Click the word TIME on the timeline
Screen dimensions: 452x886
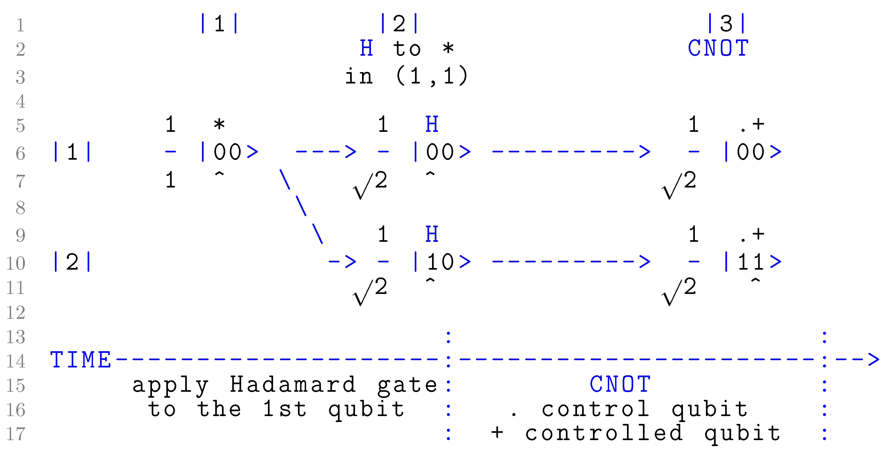click(x=81, y=360)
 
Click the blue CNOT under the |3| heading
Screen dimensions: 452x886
click(x=718, y=48)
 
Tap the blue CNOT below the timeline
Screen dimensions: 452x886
click(x=620, y=384)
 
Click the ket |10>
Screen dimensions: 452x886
click(x=443, y=262)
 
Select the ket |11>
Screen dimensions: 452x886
click(x=754, y=262)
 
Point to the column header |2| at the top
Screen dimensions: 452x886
click(x=399, y=24)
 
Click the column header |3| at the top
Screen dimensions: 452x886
click(x=726, y=24)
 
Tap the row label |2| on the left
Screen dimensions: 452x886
click(x=72, y=262)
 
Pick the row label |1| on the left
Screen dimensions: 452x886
click(x=72, y=152)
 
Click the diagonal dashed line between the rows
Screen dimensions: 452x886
click(x=301, y=206)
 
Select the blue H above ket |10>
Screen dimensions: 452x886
click(x=432, y=235)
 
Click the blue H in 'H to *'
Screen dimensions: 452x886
click(x=367, y=48)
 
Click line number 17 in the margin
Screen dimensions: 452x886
click(x=16, y=434)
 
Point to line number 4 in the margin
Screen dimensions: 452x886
click(x=20, y=101)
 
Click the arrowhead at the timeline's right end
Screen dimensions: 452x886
click(x=874, y=360)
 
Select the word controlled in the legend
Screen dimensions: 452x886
click(x=604, y=433)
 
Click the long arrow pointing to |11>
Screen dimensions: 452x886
click(x=571, y=262)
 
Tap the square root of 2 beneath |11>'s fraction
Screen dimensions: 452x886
click(x=679, y=290)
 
